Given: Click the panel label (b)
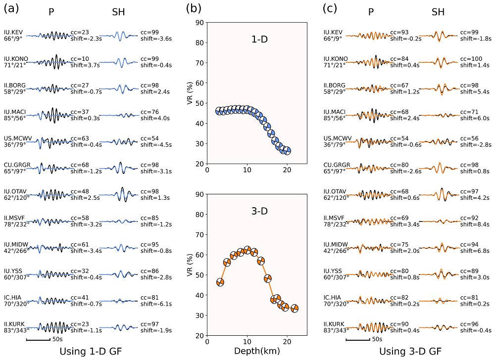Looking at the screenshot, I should coord(194,8).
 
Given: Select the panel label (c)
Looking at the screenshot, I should coord(331,8).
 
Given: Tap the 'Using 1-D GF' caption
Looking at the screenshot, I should coord(90,352).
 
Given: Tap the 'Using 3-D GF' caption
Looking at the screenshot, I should coord(410,352).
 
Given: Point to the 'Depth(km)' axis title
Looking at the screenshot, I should coord(256,351).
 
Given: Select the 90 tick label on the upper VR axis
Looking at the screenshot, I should coord(199,22).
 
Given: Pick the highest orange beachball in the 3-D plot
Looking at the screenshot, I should coord(247,250).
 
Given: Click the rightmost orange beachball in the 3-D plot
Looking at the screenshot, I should coord(295,309).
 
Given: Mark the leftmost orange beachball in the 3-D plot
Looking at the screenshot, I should coord(220,282).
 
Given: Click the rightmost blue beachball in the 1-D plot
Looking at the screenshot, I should coord(287,151).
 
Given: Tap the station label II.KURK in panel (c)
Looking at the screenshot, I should coord(335,324).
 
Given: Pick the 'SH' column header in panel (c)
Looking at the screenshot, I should coord(438,12).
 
